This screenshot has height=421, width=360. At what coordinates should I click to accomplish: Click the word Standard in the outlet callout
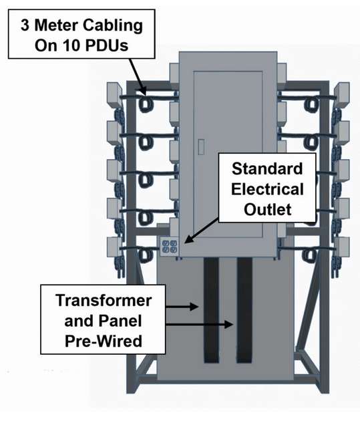point(267,169)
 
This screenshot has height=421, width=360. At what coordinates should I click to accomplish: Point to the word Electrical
point(267,189)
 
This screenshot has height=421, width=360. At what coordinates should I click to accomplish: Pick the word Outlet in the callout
point(267,209)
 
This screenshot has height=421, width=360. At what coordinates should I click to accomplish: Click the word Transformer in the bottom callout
point(104,301)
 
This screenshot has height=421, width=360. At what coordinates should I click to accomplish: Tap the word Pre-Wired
point(104,341)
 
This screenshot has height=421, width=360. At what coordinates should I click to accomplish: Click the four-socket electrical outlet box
point(169,246)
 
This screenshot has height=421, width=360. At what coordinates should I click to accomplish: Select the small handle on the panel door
point(201,147)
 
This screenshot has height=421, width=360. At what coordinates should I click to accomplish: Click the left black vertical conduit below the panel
point(211,310)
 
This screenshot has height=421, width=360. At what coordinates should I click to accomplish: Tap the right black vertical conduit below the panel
point(244,310)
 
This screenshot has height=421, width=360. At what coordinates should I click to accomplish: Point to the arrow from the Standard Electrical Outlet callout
point(202,231)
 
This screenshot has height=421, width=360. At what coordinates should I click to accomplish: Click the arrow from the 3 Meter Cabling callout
point(138,77)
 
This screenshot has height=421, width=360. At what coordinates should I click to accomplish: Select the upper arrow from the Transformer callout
point(182,306)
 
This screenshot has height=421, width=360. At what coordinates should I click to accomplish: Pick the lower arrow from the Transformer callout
point(199,324)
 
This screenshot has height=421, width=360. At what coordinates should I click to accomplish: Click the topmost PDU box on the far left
point(115,94)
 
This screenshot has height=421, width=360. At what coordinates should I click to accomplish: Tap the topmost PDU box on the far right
point(342,94)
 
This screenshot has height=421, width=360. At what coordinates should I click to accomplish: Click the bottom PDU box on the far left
point(115,247)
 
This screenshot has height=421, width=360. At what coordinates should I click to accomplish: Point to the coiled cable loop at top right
point(311,105)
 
